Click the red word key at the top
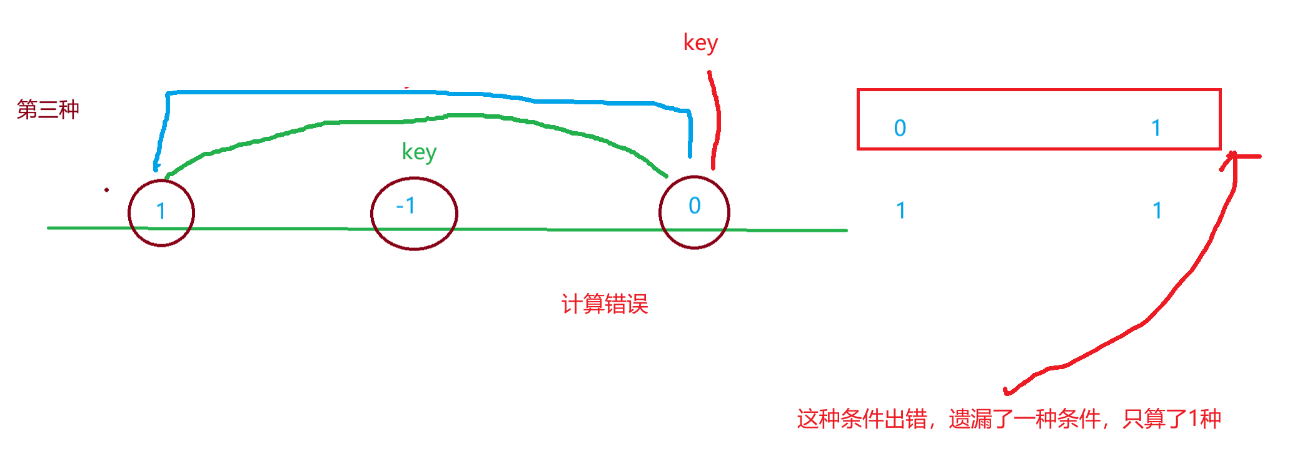click(700, 43)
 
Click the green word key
click(419, 152)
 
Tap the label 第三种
click(48, 109)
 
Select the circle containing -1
click(414, 213)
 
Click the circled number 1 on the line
click(161, 212)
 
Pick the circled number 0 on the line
click(694, 212)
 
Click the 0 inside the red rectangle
click(900, 128)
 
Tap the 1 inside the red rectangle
click(1156, 128)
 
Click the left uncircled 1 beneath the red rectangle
click(900, 211)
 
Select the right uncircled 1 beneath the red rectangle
click(1157, 211)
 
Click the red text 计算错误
click(605, 304)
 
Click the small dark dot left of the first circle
click(107, 190)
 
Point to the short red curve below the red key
click(717, 119)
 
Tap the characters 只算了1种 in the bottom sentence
click(1171, 419)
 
